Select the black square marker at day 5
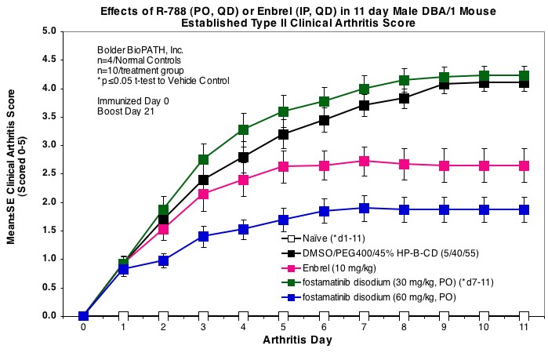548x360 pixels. pyautogui.click(x=283, y=134)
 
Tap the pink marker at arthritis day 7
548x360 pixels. pyautogui.click(x=364, y=161)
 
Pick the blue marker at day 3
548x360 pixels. pyautogui.click(x=203, y=236)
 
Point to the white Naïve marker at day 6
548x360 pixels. pyautogui.click(x=324, y=316)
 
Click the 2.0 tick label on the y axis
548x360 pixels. pyautogui.click(x=69, y=202)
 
